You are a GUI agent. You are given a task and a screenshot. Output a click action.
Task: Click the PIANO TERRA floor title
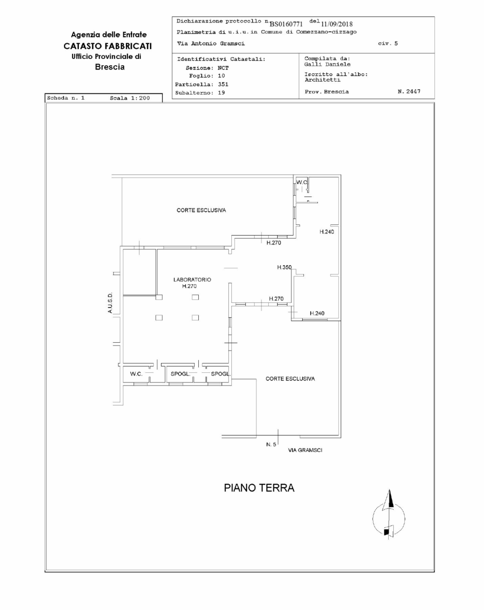coord(259,488)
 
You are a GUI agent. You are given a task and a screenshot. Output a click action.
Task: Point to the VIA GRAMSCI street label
coord(305,450)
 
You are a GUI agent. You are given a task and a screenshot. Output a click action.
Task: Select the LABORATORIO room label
coord(192,280)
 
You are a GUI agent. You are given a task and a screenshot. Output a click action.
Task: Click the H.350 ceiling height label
coord(284,267)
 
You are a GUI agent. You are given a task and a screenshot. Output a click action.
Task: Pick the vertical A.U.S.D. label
coord(110,303)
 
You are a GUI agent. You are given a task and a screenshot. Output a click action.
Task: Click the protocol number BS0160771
coord(286,24)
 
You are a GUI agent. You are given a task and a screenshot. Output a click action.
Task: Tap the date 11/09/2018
coord(337,24)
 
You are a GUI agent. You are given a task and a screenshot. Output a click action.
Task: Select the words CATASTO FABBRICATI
coord(108,46)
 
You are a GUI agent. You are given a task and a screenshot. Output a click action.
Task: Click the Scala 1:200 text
coord(130,98)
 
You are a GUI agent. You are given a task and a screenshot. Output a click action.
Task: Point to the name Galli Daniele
coord(327,64)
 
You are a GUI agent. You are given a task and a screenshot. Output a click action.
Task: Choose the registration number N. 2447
coord(409,91)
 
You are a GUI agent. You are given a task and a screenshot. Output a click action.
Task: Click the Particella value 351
coord(223,84)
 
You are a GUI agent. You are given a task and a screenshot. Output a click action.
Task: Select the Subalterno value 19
coord(221,93)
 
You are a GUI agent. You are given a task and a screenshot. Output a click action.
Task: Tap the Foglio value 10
coord(221,76)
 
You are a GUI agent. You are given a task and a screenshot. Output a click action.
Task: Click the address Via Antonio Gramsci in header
coord(211,44)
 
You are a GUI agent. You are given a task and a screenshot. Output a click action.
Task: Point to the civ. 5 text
coord(388,44)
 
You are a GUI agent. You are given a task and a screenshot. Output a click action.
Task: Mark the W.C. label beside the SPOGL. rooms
coord(136,374)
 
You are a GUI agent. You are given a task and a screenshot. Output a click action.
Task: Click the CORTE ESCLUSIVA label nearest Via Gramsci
coord(290,379)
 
